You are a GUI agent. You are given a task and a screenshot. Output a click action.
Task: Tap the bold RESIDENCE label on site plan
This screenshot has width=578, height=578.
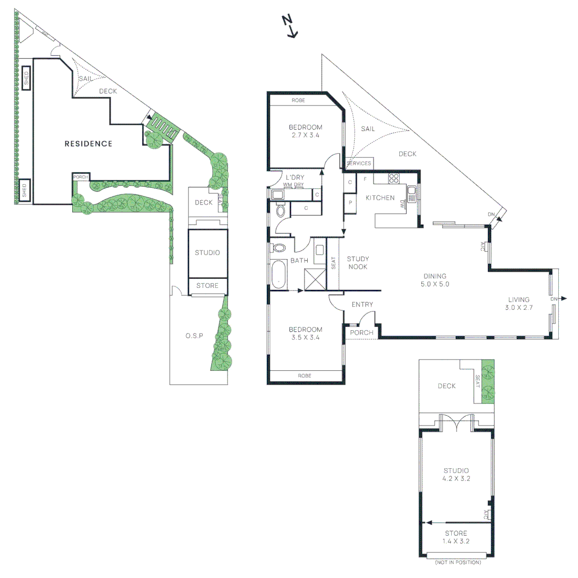click(x=88, y=143)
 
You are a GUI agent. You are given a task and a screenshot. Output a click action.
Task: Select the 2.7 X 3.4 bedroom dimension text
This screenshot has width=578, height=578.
click(x=306, y=136)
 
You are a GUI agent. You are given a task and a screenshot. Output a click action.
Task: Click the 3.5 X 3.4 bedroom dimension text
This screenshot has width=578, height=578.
click(x=306, y=338)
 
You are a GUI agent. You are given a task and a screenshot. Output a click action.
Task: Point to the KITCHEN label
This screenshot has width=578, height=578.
click(x=380, y=198)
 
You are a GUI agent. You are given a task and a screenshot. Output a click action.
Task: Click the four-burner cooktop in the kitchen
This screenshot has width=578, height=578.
click(x=394, y=179)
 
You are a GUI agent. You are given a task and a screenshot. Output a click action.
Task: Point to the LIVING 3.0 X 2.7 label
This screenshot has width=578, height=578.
click(x=519, y=303)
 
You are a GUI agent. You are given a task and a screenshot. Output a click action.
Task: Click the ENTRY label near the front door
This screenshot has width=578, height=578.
click(x=362, y=305)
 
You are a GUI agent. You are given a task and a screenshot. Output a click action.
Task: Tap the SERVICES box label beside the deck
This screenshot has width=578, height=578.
click(x=359, y=163)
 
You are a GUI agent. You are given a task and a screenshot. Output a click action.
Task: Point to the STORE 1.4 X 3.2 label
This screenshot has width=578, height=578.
click(x=456, y=537)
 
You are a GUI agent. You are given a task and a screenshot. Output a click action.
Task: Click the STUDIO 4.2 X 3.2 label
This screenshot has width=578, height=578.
click(x=456, y=474)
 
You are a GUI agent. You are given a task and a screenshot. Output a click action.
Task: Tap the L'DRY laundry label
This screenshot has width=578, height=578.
click(x=295, y=177)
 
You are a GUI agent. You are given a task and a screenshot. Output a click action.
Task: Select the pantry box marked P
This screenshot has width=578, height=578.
click(x=350, y=203)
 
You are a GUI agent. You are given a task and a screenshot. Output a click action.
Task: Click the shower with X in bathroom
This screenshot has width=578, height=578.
click(x=314, y=279)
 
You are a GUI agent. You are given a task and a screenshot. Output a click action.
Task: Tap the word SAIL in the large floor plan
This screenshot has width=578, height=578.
click(x=368, y=129)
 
